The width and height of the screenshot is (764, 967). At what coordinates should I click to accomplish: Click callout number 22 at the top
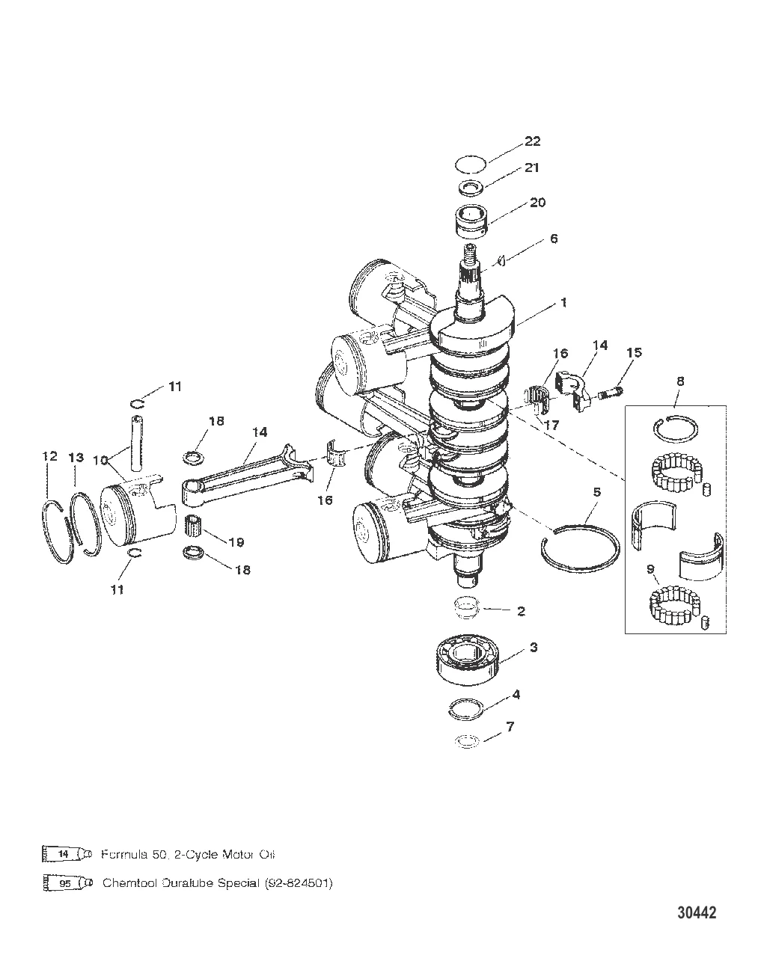click(x=533, y=141)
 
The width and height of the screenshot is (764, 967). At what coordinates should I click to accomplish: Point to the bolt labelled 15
click(x=612, y=390)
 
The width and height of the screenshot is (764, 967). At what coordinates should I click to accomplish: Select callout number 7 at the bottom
click(x=531, y=726)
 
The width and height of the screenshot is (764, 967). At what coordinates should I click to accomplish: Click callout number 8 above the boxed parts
click(x=679, y=381)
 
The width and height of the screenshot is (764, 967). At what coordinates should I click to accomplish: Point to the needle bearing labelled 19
click(x=195, y=527)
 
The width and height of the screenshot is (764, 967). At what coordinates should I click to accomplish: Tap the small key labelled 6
click(x=504, y=260)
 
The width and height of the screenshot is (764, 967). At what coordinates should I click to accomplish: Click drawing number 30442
click(x=697, y=913)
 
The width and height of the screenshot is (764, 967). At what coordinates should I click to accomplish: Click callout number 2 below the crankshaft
click(x=521, y=612)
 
